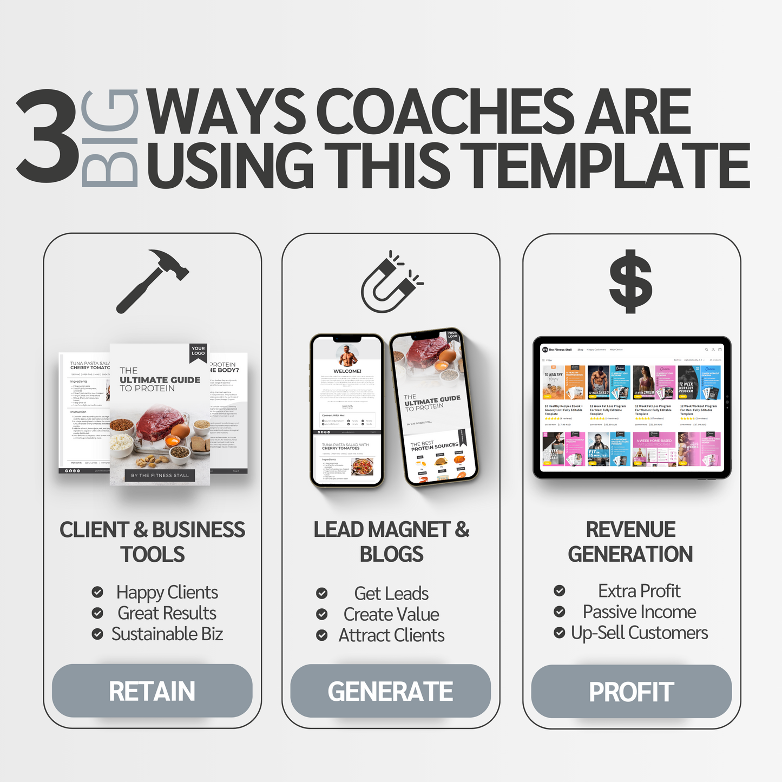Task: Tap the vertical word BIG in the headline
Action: pos(110,138)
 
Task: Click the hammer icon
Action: pos(152,280)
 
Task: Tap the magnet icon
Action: pos(391,282)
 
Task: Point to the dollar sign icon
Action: pos(630,281)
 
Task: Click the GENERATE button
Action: pos(390,691)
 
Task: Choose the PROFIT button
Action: pos(631,692)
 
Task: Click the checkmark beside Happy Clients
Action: pos(97,592)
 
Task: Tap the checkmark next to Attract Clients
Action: pos(322,635)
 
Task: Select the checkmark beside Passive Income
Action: pos(560,612)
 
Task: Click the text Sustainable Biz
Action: pos(167,634)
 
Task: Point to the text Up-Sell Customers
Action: pos(639,633)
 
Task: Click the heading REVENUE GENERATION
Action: pos(630,542)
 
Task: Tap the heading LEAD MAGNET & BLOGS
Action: pos(391,542)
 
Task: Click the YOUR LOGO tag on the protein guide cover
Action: pos(198,351)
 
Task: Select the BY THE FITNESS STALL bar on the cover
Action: pos(160,475)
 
